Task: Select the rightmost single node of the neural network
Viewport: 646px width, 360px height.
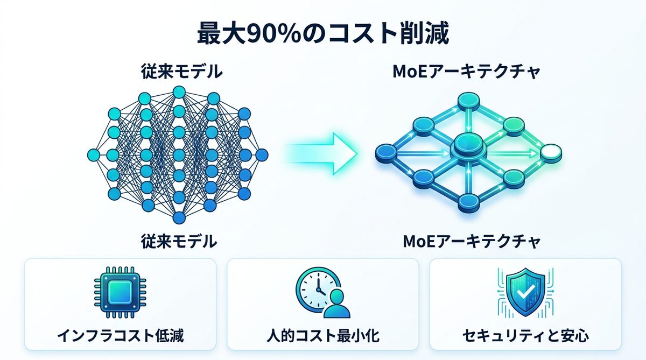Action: pyautogui.click(x=262, y=155)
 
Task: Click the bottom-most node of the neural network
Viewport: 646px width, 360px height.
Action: pyautogui.click(x=179, y=217)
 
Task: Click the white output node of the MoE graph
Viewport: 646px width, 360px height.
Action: pyautogui.click(x=550, y=152)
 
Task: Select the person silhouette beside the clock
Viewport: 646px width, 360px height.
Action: pyautogui.click(x=338, y=304)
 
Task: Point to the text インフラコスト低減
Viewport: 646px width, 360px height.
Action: pyautogui.click(x=120, y=337)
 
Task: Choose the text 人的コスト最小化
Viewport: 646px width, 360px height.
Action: pyautogui.click(x=323, y=337)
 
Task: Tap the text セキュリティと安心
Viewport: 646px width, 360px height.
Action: pyautogui.click(x=525, y=337)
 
